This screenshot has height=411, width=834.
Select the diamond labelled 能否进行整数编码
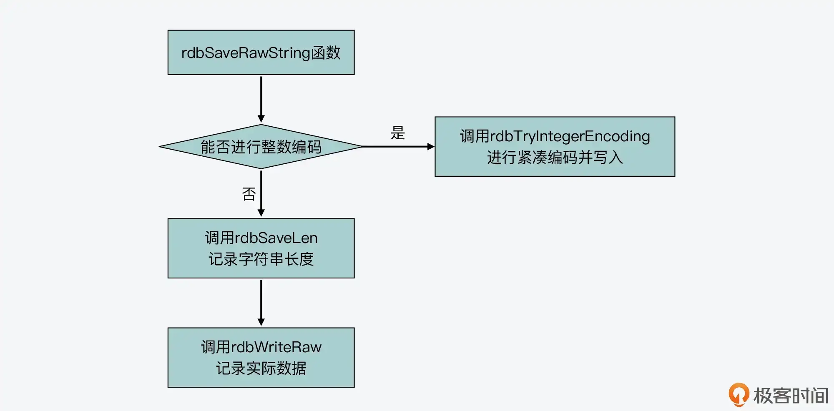pos(261,147)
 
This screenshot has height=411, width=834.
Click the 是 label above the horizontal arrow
pos(398,133)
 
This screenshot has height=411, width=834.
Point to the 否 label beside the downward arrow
pos(249,194)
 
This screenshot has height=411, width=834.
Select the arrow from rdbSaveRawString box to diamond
pos(261,99)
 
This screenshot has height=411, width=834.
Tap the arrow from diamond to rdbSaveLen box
pos(261,193)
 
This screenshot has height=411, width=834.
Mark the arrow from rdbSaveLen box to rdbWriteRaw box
pos(261,302)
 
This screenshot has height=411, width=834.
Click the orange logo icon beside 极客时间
pos(739,394)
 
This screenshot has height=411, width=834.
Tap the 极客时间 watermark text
pos(791,396)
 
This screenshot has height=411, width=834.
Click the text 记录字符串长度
pos(261,259)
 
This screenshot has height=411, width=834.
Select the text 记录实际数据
pos(261,368)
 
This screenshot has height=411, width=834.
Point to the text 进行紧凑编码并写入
pos(555,158)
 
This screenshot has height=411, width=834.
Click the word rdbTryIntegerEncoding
pos(570,137)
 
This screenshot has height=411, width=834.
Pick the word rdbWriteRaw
pos(276,347)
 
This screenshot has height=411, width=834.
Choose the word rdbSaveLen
pos(276,238)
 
